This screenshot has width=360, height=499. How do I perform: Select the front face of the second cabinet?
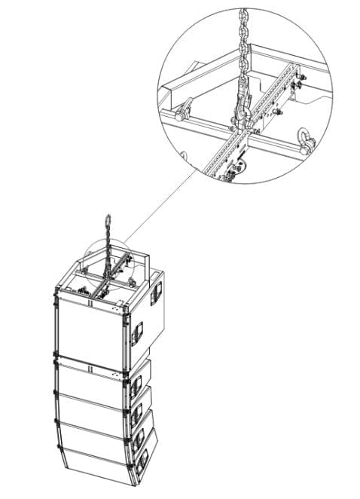[x=90, y=378]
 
